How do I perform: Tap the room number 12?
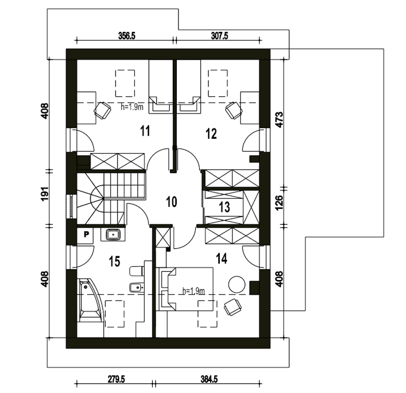tap(211, 133)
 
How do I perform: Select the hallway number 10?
tap(172, 202)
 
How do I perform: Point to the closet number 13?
tap(225, 207)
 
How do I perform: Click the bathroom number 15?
tap(115, 261)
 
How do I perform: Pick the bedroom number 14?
tap(222, 259)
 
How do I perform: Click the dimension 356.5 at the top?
tap(127, 36)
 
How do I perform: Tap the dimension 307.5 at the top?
tap(220, 36)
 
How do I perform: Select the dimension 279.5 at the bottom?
tap(116, 379)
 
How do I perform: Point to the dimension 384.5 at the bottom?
tap(209, 379)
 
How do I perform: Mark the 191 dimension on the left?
tap(45, 194)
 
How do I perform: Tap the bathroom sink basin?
tap(113, 235)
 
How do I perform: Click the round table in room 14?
tap(237, 284)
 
